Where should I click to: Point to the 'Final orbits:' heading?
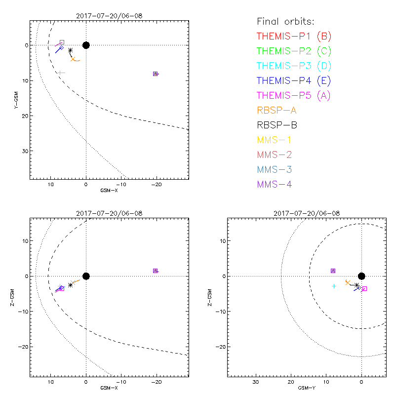coord(285,22)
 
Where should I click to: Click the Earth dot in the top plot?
coord(86,45)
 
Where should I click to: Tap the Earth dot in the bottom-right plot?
coord(361,276)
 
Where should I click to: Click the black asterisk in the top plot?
coord(70,50)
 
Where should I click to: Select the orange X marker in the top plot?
coord(73,59)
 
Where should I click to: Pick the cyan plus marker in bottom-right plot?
coord(334,286)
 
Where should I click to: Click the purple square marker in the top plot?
coord(156,74)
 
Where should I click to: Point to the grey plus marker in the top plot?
coord(61,73)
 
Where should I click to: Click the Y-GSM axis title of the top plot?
coord(16,99)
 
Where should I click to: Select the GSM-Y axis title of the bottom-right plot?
coord(305,388)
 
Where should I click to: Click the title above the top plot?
coord(109,16)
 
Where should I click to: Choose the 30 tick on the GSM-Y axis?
coord(256,382)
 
